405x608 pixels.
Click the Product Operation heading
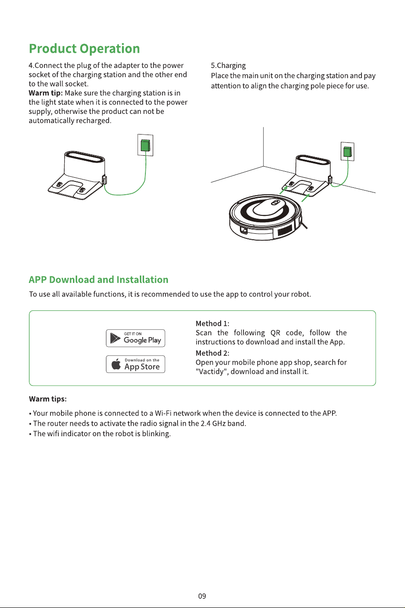(x=84, y=49)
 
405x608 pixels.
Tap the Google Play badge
(x=136, y=338)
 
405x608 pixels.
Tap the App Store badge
(x=136, y=364)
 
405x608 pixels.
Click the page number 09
(x=202, y=597)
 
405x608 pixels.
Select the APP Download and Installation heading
(x=99, y=280)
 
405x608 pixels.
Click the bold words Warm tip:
(x=45, y=93)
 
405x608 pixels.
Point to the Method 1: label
(x=212, y=324)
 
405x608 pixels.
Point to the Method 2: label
(x=212, y=353)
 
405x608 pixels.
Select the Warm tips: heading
(x=48, y=399)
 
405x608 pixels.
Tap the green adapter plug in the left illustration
(x=145, y=146)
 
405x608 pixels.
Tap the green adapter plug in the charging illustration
(x=347, y=152)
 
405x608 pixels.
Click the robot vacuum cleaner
(x=266, y=217)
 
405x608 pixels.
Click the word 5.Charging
(x=228, y=66)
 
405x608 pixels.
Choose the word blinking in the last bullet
(x=156, y=434)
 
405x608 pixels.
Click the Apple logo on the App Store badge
(x=116, y=364)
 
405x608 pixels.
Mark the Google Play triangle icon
(x=115, y=338)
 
